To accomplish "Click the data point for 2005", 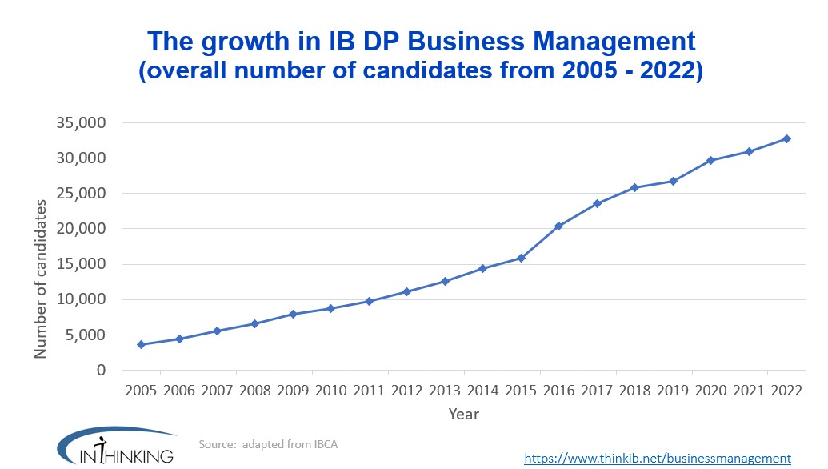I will pos(142,344).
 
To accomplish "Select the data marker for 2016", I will pos(558,226).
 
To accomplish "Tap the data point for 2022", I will pos(786,138).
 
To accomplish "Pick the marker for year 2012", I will pos(407,291).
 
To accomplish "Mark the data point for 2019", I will pos(673,181).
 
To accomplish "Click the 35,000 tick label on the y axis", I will pos(82,123).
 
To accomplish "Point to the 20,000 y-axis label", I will pos(82,229).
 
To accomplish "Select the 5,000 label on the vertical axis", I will pos(86,335).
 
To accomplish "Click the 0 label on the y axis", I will pos(102,370).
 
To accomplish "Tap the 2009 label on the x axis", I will pos(293,391).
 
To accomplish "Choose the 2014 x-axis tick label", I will pos(482,391).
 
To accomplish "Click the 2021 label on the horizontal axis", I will pos(748,391).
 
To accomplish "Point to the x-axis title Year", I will pos(464,414).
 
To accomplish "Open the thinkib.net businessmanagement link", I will pos(657,458).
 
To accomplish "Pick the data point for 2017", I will pos(597,203).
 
